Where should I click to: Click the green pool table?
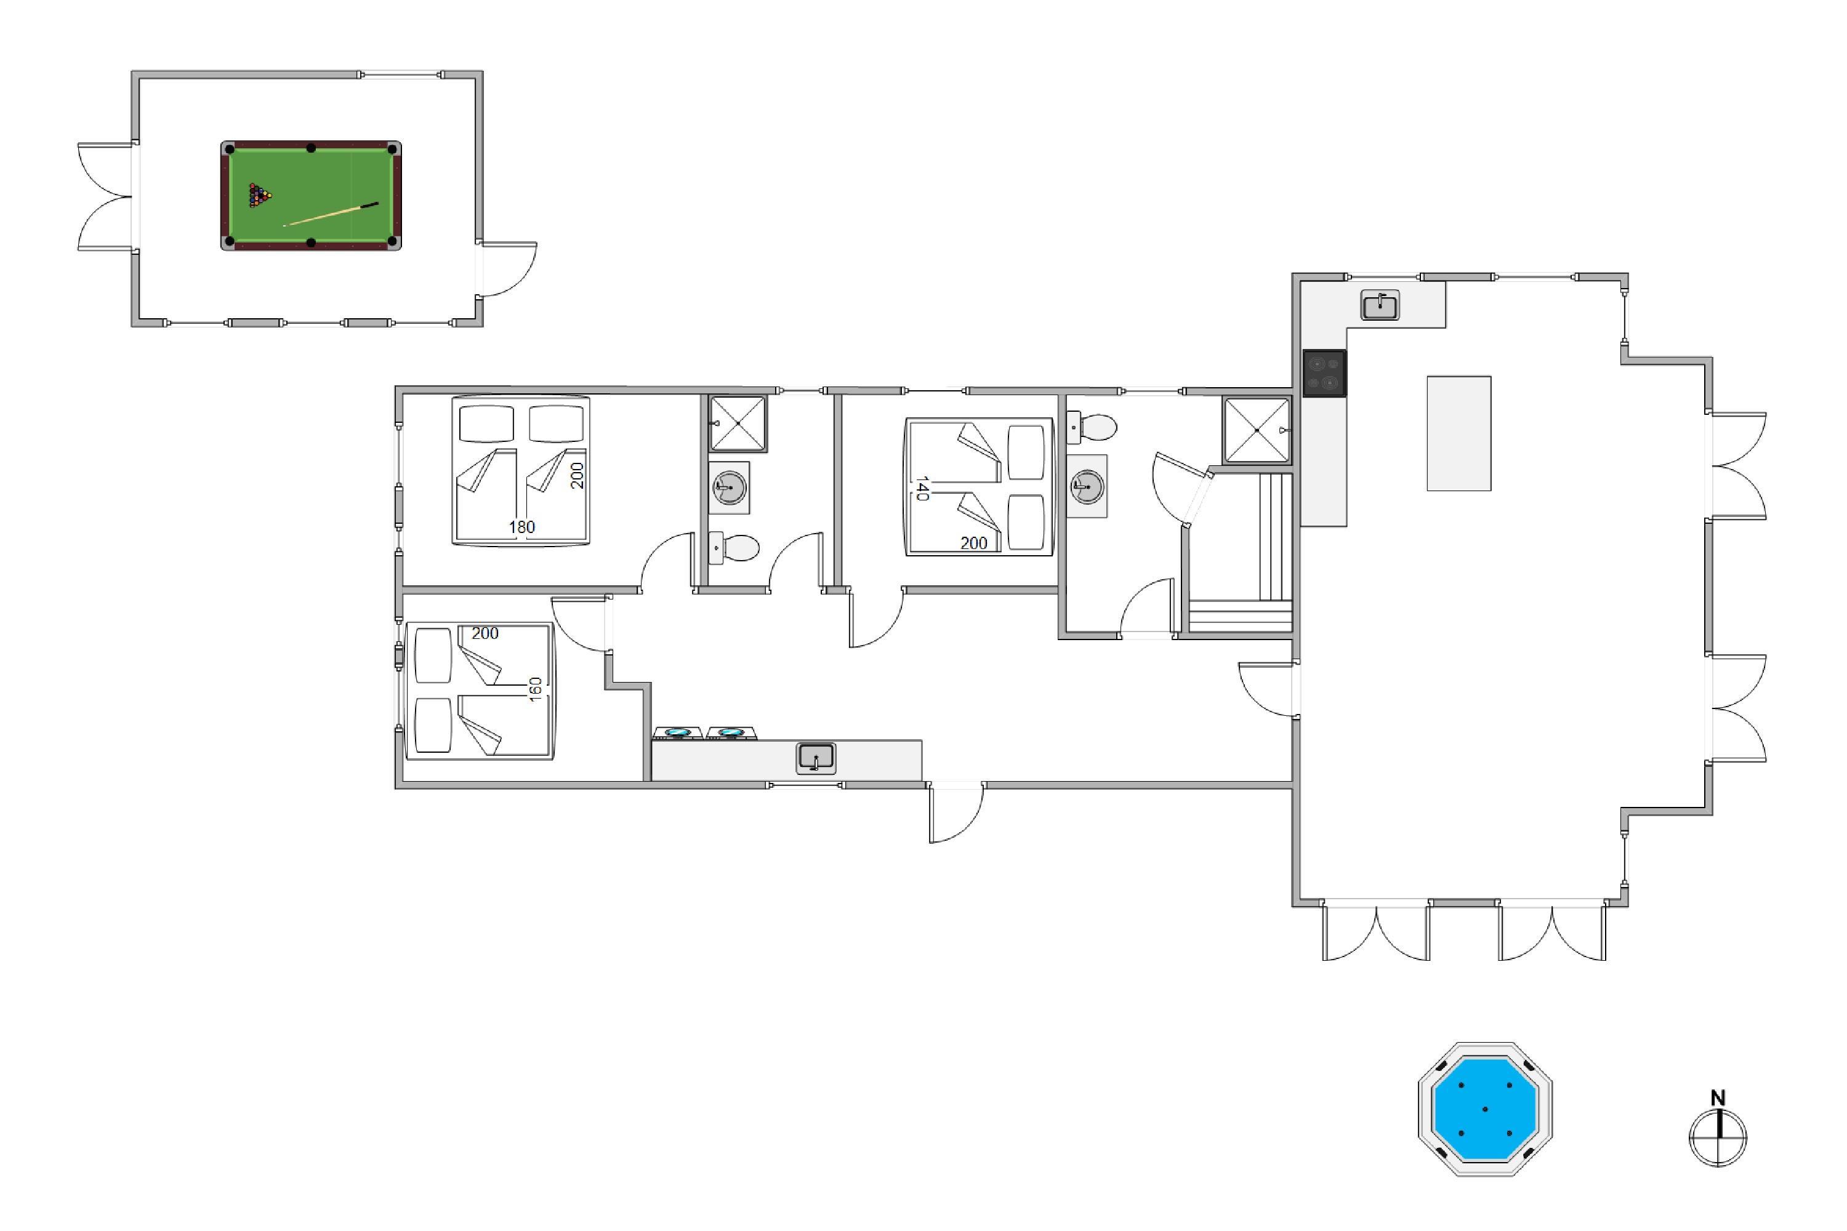tap(311, 196)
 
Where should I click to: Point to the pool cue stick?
tap(331, 214)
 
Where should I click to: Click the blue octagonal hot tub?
tap(1484, 1109)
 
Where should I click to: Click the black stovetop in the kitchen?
tap(1324, 373)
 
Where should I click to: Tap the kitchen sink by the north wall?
tap(1380, 305)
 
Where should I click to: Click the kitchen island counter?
tap(1459, 433)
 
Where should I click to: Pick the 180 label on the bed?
tap(521, 527)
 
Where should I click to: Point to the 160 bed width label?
tap(536, 689)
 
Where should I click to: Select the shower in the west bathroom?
tap(738, 423)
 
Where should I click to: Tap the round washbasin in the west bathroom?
tap(729, 487)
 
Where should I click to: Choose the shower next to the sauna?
tap(1257, 430)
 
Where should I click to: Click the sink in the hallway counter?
tap(816, 758)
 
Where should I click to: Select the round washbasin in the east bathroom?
tap(1087, 486)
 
